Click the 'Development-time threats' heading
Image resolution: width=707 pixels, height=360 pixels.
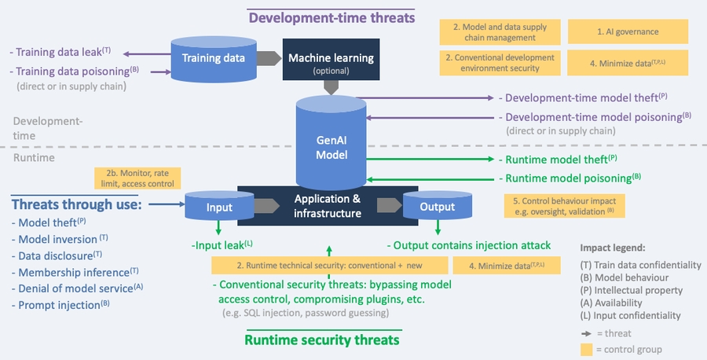coord(332,16)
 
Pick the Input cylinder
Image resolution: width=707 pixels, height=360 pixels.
coord(220,207)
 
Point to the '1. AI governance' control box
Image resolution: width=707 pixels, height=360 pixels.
coord(639,31)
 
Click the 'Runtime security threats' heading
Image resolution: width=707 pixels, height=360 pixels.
coord(322,340)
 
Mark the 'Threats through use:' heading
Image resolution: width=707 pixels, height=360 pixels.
coord(76,204)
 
